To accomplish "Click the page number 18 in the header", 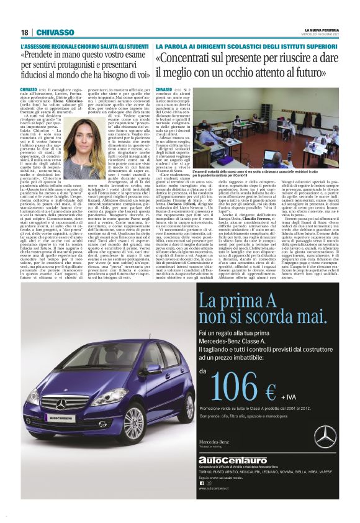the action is tap(24, 32).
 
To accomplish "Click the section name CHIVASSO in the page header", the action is tap(55, 32).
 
